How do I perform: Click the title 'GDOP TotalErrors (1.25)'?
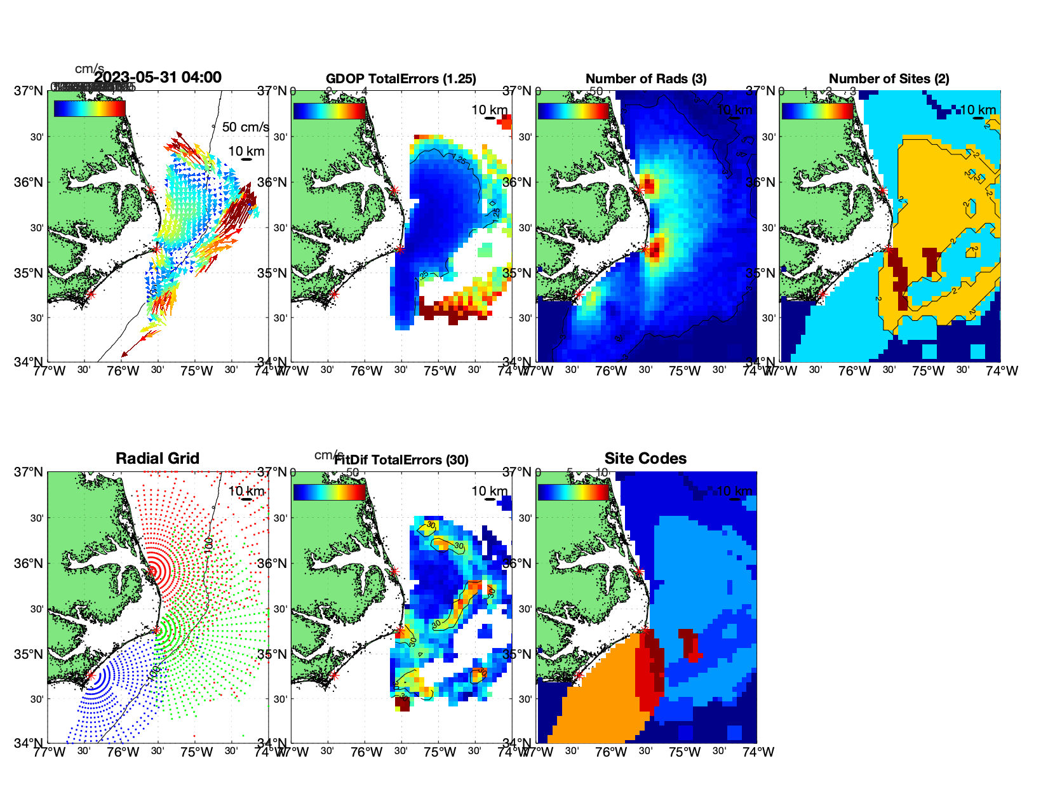[401, 79]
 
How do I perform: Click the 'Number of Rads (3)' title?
[646, 79]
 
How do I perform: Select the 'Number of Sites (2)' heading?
[889, 79]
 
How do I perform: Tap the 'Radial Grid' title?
[158, 459]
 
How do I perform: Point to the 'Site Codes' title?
[645, 459]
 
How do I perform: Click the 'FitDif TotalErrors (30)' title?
[401, 460]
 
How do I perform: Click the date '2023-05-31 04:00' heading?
[158, 78]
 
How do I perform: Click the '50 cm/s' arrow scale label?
[245, 127]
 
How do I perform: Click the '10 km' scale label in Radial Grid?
[246, 491]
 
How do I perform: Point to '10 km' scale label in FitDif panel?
[489, 491]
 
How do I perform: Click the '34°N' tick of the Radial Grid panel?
[30, 743]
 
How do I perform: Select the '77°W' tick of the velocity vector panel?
[49, 370]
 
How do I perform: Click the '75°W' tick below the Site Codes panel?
[685, 752]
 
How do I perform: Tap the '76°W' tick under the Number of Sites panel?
[855, 370]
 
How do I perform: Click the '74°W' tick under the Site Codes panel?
[758, 752]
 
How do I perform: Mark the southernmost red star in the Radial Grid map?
[91, 675]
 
